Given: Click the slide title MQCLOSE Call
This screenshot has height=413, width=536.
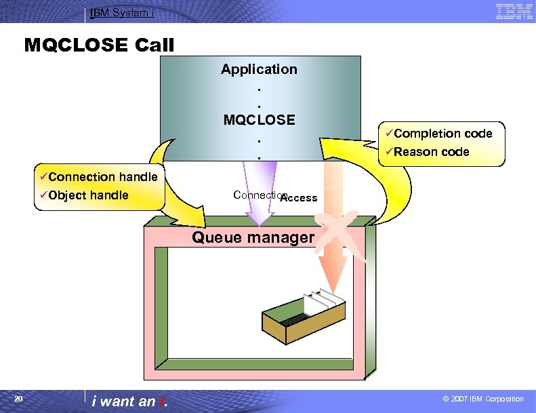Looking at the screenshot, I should click(99, 45).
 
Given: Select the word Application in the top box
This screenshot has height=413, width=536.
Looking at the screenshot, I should click(259, 69).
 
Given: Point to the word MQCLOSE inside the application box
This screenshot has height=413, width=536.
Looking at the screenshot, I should click(259, 120).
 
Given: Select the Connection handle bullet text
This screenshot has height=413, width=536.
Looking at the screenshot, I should click(102, 177).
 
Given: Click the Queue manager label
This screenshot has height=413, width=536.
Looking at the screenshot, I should click(253, 237).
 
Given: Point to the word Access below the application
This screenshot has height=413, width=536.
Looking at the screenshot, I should click(299, 198).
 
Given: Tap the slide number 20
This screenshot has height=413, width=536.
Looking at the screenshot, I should click(19, 399).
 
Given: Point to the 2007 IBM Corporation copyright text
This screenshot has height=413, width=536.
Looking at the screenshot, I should click(482, 399).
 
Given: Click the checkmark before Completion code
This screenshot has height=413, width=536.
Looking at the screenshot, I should click(389, 134).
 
